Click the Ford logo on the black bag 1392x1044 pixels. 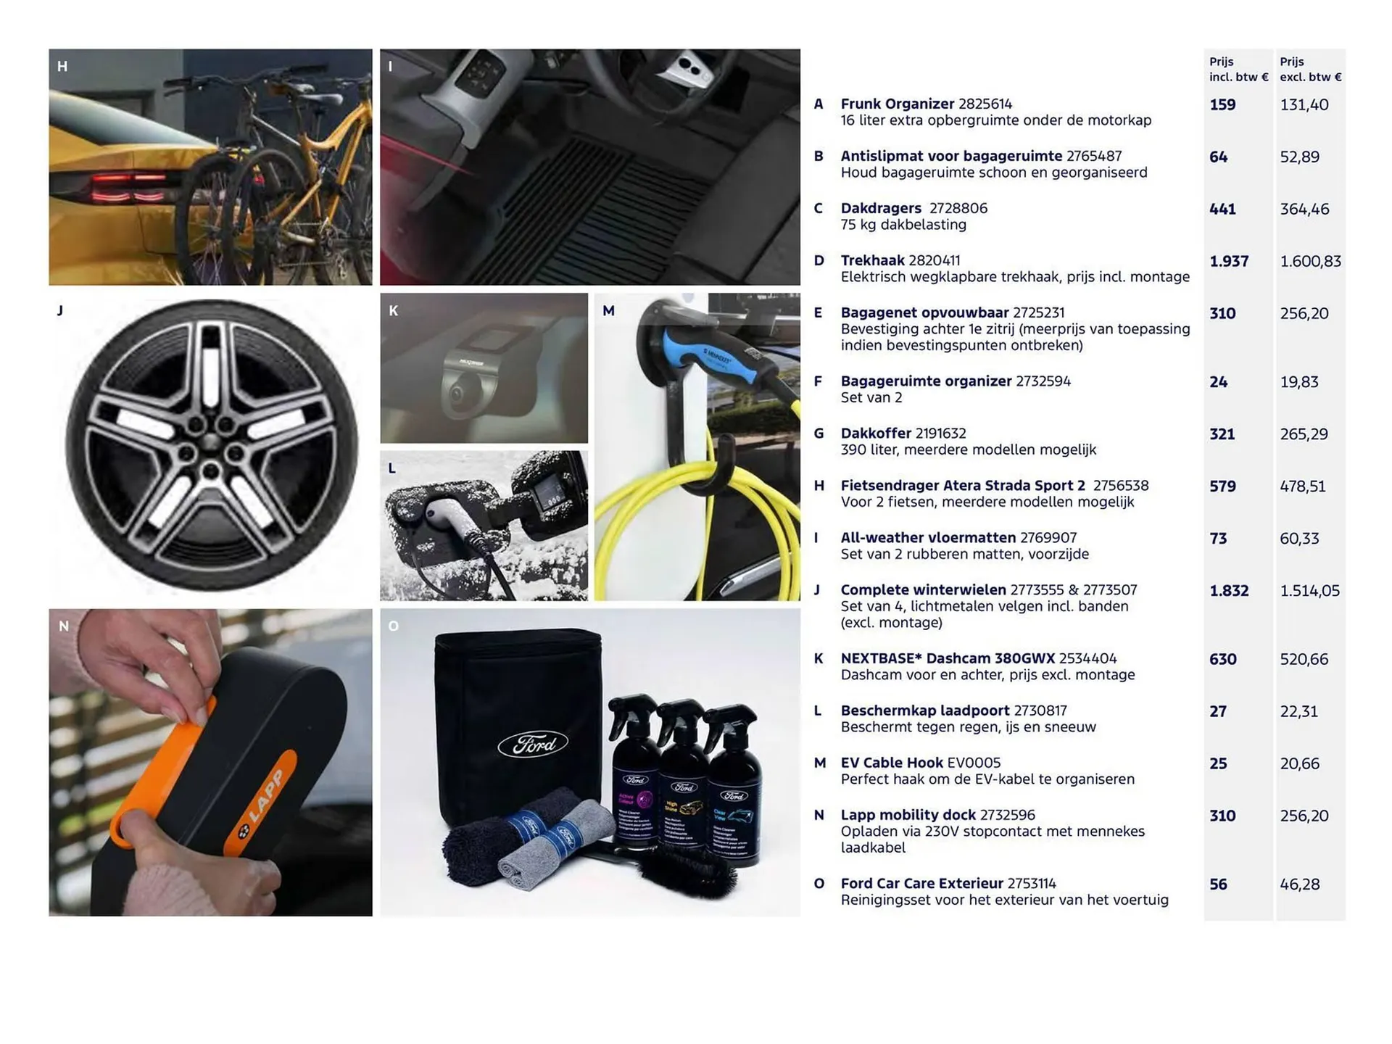tap(533, 745)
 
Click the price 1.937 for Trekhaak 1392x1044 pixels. tap(1229, 261)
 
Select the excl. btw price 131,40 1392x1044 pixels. tap(1304, 104)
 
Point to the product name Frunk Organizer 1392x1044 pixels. tap(897, 104)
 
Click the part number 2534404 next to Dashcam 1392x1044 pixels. tap(1087, 658)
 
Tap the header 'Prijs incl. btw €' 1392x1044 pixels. tap(1238, 69)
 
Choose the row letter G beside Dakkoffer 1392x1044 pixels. tap(819, 434)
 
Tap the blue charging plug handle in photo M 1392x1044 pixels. tap(710, 357)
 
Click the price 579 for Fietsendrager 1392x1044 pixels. tap(1222, 486)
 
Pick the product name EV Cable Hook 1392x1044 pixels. tap(892, 763)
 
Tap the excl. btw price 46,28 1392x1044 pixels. tap(1299, 884)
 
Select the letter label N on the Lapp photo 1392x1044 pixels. tap(64, 626)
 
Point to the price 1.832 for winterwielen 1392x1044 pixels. tap(1229, 591)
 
